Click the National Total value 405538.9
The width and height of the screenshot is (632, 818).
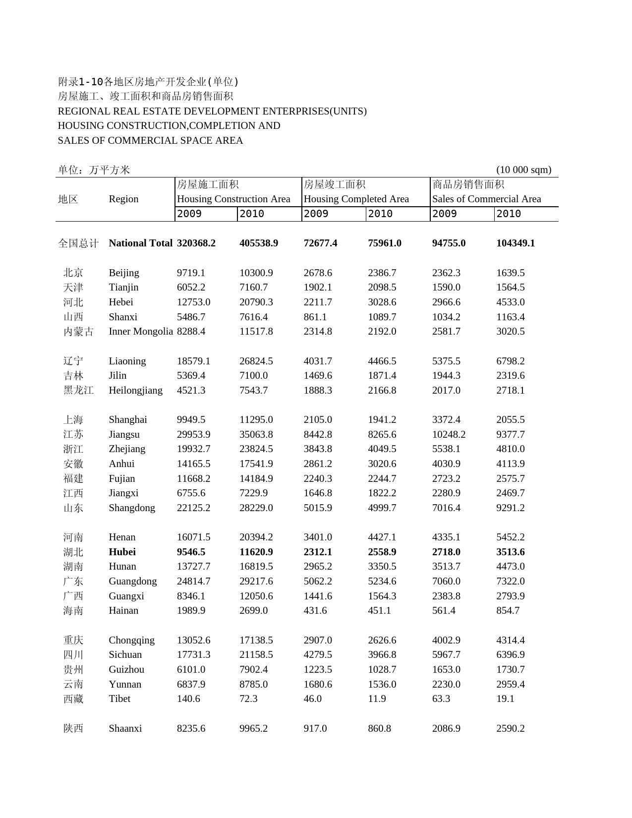[259, 243]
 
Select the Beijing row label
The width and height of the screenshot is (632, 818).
[124, 273]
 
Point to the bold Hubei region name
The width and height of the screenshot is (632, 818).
[122, 552]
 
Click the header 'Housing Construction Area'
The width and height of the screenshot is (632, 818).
[233, 199]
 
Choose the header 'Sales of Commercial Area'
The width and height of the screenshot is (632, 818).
[486, 199]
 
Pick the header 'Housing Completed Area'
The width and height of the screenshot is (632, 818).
[356, 199]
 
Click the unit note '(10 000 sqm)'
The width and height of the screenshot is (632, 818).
[523, 170]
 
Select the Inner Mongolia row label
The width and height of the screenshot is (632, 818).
[141, 332]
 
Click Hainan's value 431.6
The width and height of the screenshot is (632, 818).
[315, 611]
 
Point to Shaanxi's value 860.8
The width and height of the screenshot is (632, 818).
[379, 729]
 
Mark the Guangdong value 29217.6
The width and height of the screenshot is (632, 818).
[256, 582]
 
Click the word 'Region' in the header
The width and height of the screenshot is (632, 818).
[123, 199]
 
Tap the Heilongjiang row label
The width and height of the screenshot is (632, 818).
[135, 391]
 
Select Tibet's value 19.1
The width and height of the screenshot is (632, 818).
[505, 699]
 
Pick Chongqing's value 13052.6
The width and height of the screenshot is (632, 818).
[193, 641]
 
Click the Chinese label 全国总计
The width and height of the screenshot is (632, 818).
[78, 243]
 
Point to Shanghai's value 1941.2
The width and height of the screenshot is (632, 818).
[382, 420]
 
